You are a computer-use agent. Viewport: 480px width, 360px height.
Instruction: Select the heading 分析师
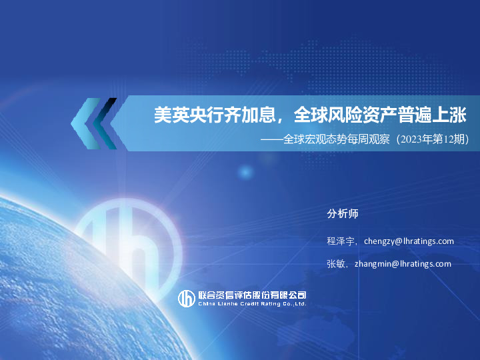click(x=343, y=214)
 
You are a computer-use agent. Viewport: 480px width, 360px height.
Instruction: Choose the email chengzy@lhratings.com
click(x=409, y=241)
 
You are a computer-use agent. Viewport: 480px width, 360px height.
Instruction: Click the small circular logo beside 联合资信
click(x=186, y=299)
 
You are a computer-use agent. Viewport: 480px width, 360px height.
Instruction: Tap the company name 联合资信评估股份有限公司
click(x=252, y=295)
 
